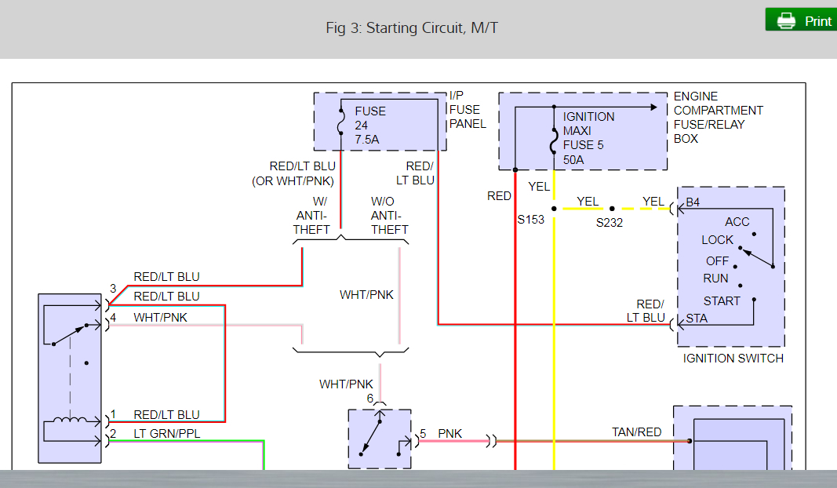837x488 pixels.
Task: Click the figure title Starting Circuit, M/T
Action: (x=412, y=28)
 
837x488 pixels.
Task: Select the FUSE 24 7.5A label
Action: (x=370, y=125)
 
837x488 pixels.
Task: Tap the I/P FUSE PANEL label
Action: (x=468, y=110)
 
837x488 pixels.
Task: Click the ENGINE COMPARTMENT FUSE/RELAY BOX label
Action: (x=718, y=118)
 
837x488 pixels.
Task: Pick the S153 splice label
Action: (x=530, y=220)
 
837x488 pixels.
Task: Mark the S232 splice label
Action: (x=610, y=223)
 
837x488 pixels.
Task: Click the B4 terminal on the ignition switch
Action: (x=693, y=202)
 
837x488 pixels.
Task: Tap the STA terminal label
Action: (x=697, y=318)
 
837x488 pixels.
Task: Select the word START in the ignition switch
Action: (x=722, y=300)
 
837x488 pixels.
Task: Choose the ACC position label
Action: (x=737, y=222)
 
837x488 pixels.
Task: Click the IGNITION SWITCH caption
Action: (x=733, y=358)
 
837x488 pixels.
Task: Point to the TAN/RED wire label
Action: (x=636, y=432)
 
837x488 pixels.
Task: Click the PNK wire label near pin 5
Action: (x=450, y=433)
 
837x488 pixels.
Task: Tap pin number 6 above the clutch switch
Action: (x=370, y=399)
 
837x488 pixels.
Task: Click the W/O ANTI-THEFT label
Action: (x=390, y=216)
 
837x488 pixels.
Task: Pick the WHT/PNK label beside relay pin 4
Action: (x=160, y=316)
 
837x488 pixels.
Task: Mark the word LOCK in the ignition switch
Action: (x=717, y=240)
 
